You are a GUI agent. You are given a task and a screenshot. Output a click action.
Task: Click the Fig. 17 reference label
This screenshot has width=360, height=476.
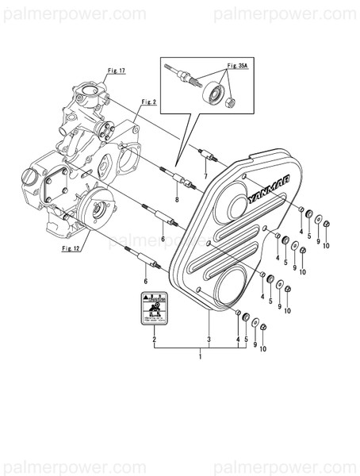[x=117, y=71]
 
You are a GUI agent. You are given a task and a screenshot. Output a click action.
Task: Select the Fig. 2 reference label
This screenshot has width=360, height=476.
[x=148, y=102]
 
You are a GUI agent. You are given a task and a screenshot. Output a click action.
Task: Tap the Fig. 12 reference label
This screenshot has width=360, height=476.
[x=71, y=248]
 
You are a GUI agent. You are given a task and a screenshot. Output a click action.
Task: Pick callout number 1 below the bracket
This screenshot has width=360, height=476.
[x=201, y=357]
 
